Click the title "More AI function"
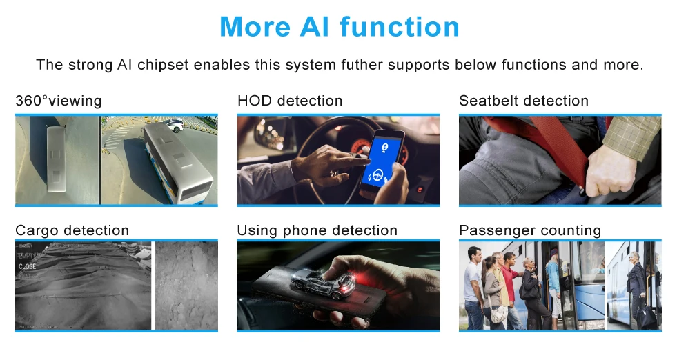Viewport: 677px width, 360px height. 339,27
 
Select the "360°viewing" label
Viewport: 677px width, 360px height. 58,101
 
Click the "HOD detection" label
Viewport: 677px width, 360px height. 289,101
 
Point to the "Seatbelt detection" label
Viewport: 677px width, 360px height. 523,101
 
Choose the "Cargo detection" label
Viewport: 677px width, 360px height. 72,230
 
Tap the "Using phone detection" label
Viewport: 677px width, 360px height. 317,230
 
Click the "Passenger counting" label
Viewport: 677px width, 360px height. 529,230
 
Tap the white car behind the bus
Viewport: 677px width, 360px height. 175,125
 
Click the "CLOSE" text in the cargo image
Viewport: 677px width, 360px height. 28,266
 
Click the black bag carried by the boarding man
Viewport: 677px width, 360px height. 645,314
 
